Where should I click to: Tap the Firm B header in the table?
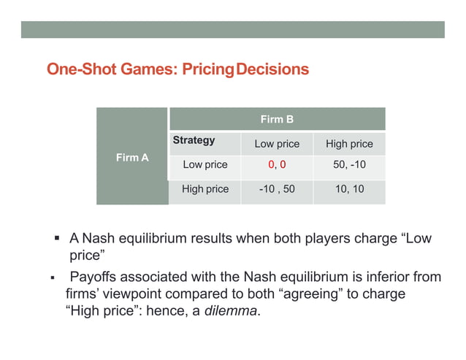click(277, 119)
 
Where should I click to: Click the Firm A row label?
click(132, 157)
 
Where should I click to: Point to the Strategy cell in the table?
click(194, 140)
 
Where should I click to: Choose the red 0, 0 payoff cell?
click(277, 165)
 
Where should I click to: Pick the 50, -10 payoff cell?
click(349, 165)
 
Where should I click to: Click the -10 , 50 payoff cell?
click(277, 189)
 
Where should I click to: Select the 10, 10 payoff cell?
click(349, 189)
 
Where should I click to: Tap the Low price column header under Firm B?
click(277, 144)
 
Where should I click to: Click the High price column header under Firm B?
click(349, 144)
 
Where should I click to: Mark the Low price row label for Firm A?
click(205, 165)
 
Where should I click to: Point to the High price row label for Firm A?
click(205, 189)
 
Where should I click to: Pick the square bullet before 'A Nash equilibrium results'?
click(56, 240)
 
